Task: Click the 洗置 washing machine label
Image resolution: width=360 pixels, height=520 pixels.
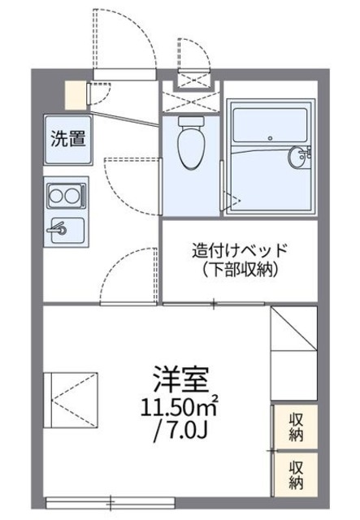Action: [68, 138]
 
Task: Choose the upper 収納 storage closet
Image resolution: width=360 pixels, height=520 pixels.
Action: [295, 427]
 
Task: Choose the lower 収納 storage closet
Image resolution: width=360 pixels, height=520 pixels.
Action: [295, 474]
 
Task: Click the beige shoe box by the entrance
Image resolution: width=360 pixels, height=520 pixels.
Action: [75, 93]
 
